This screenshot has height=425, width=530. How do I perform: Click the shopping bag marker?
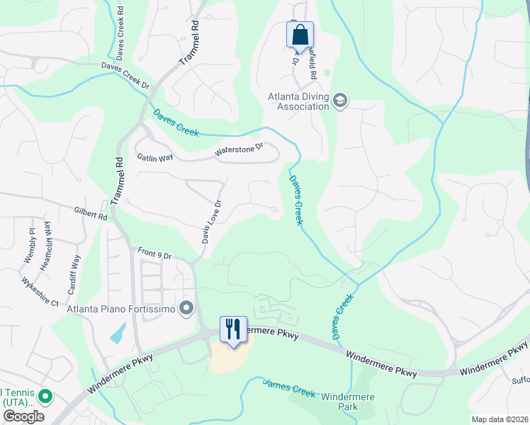300,34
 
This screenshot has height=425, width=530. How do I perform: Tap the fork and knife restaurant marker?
233,329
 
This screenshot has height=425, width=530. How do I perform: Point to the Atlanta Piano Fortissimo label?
120,308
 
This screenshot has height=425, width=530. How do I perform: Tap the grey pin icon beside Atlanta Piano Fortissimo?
186,307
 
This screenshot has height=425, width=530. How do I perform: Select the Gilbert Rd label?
90,212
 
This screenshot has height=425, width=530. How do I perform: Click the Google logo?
23,416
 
